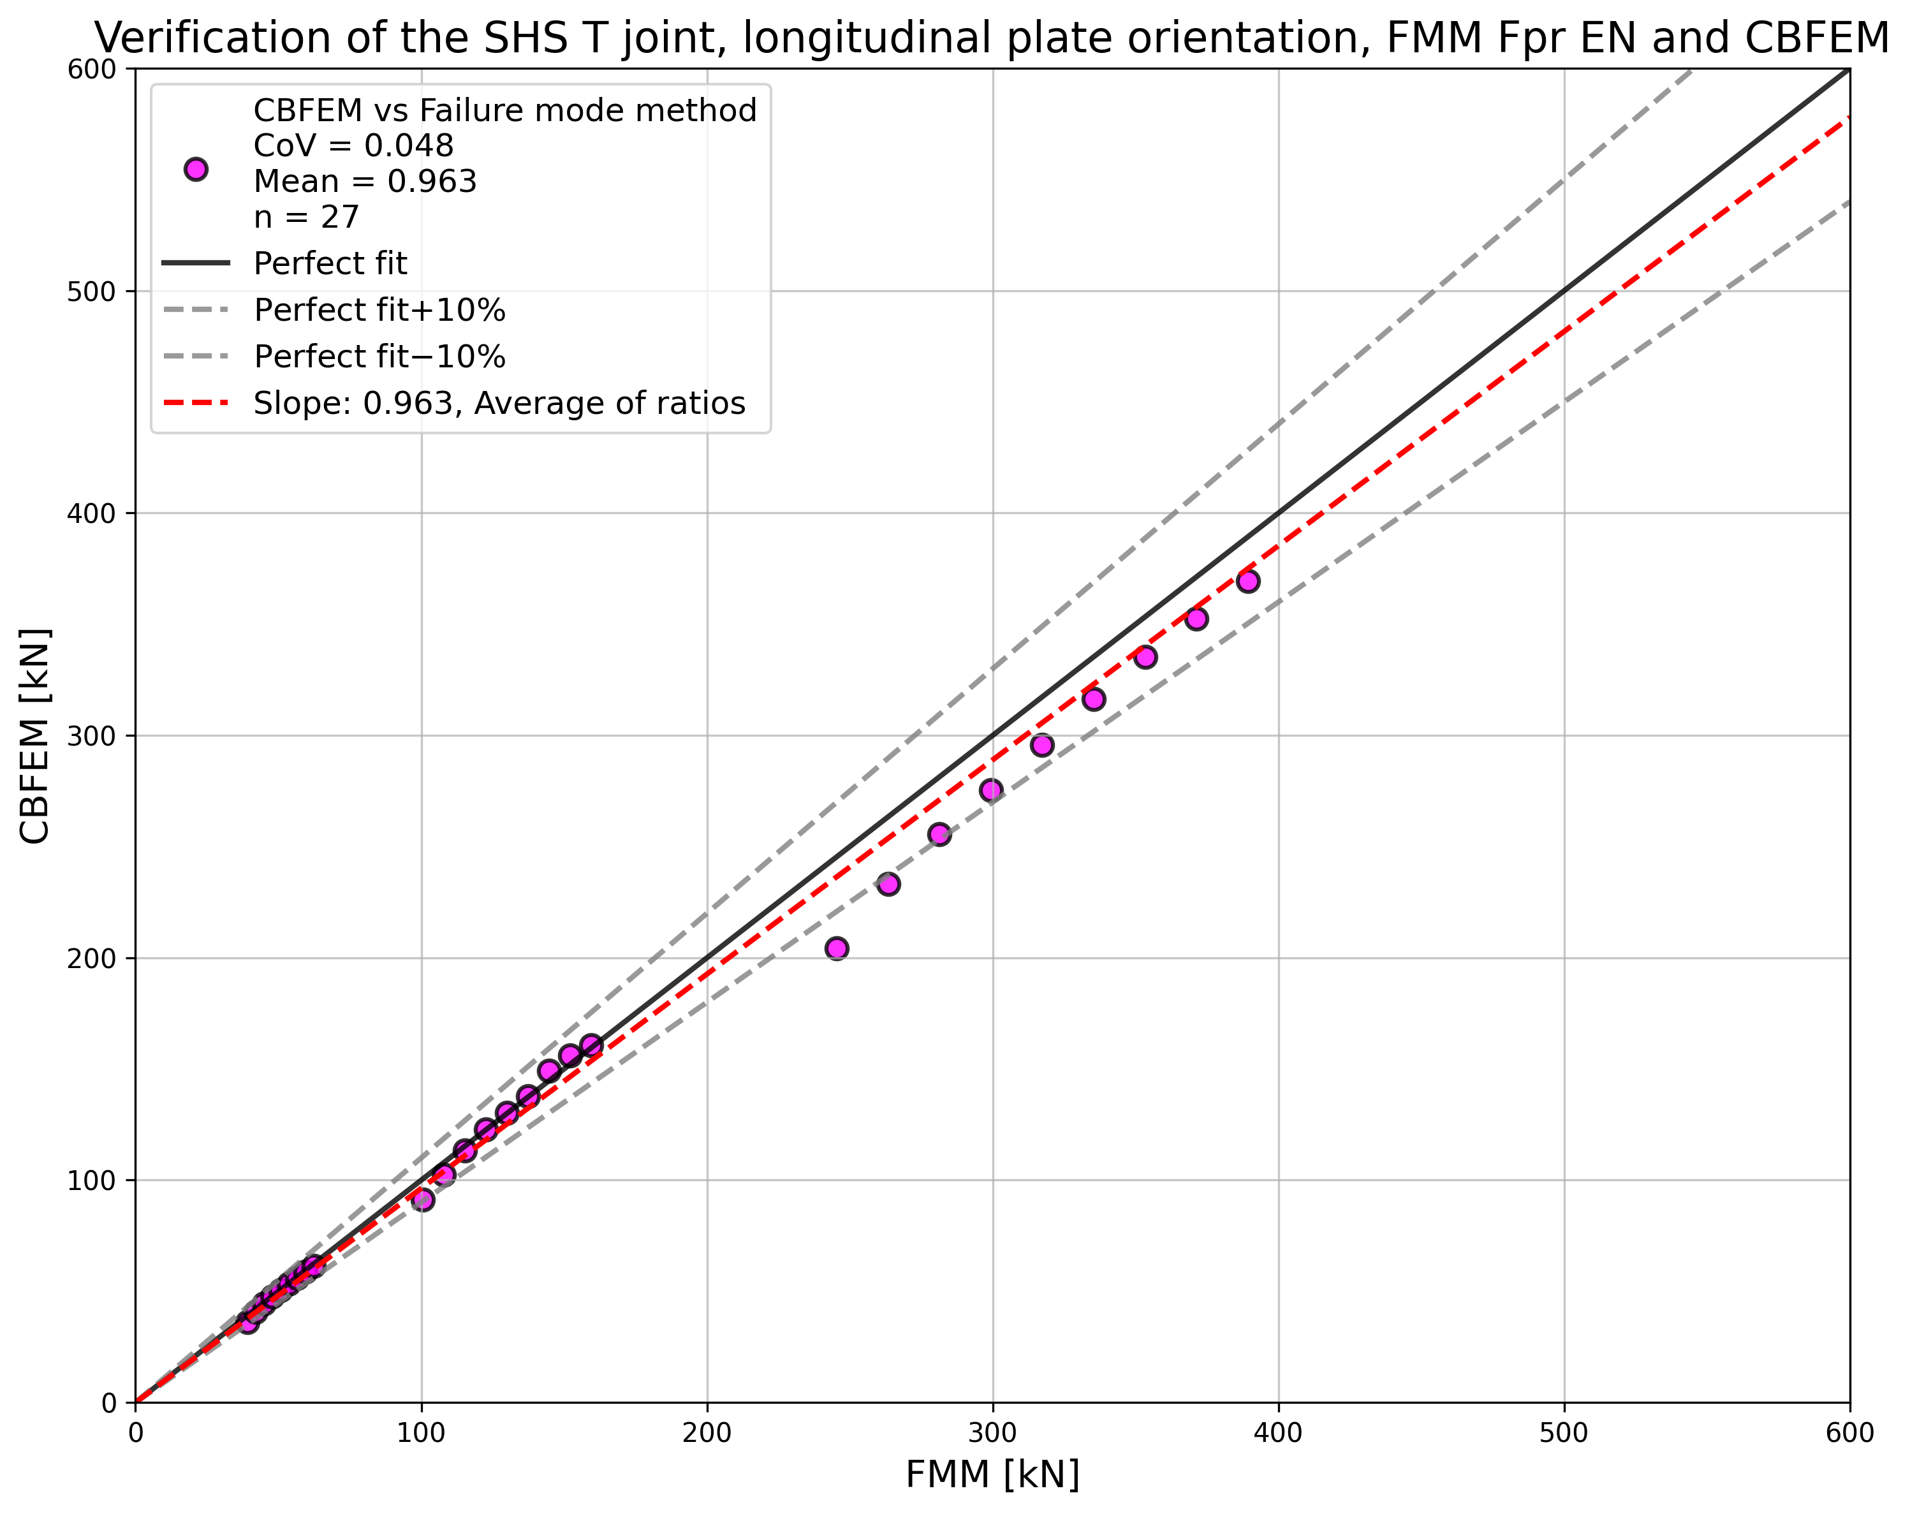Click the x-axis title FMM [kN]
pos(992,1474)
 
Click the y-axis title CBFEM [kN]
pos(36,735)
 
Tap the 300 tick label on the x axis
pos(992,1432)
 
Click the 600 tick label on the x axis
pos(1849,1432)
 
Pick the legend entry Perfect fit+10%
pos(379,310)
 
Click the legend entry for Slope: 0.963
pos(499,403)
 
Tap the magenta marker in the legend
pos(196,169)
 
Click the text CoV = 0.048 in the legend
pos(353,145)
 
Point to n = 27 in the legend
pos(305,216)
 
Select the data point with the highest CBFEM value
pos(1248,581)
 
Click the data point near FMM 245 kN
pos(836,949)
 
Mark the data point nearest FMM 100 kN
pos(423,1200)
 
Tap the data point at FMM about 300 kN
pos(991,790)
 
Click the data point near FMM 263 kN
pos(888,884)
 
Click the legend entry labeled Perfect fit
pos(330,263)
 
